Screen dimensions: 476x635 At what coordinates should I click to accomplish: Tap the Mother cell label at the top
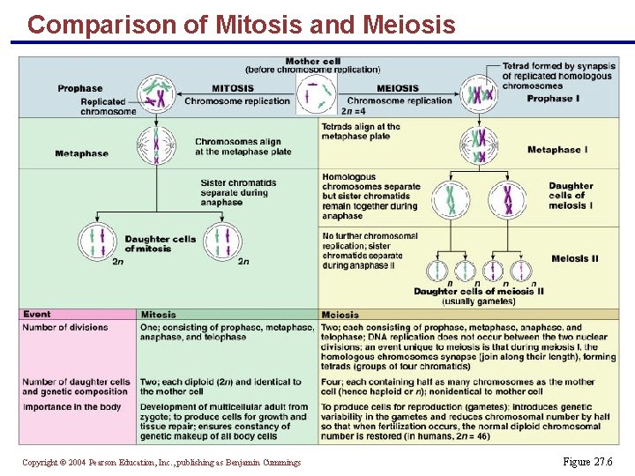pos(313,62)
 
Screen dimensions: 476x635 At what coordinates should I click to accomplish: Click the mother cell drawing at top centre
pos(315,93)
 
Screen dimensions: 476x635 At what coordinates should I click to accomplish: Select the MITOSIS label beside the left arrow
pos(233,88)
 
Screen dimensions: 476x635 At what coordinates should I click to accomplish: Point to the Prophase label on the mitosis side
pos(80,88)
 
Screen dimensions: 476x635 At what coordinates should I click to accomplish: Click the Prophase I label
pos(554,99)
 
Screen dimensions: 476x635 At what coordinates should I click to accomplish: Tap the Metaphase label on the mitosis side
pos(81,153)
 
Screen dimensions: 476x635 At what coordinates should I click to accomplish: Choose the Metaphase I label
pos(557,150)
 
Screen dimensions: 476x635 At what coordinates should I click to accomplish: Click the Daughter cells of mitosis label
pos(161,244)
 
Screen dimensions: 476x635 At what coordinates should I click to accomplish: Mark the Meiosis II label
pos(574,258)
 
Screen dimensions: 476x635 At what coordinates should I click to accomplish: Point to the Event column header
pos(37,315)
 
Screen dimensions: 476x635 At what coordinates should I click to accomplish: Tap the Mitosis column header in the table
pos(159,315)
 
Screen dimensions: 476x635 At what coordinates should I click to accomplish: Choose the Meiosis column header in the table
pos(340,315)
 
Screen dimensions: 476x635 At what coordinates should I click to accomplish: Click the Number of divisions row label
pos(65,328)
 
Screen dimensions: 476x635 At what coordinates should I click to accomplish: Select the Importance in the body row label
pos(72,407)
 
